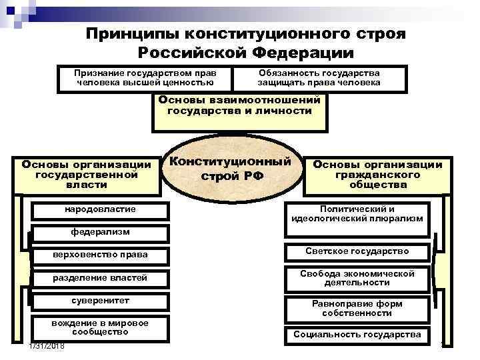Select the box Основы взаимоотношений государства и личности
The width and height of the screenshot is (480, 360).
click(239, 105)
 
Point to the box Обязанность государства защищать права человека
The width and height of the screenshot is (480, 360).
click(319, 77)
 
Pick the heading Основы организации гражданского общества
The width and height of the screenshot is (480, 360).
click(377, 175)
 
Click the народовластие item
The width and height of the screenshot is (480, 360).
click(100, 209)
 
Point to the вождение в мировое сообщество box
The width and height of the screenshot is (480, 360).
click(100, 327)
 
